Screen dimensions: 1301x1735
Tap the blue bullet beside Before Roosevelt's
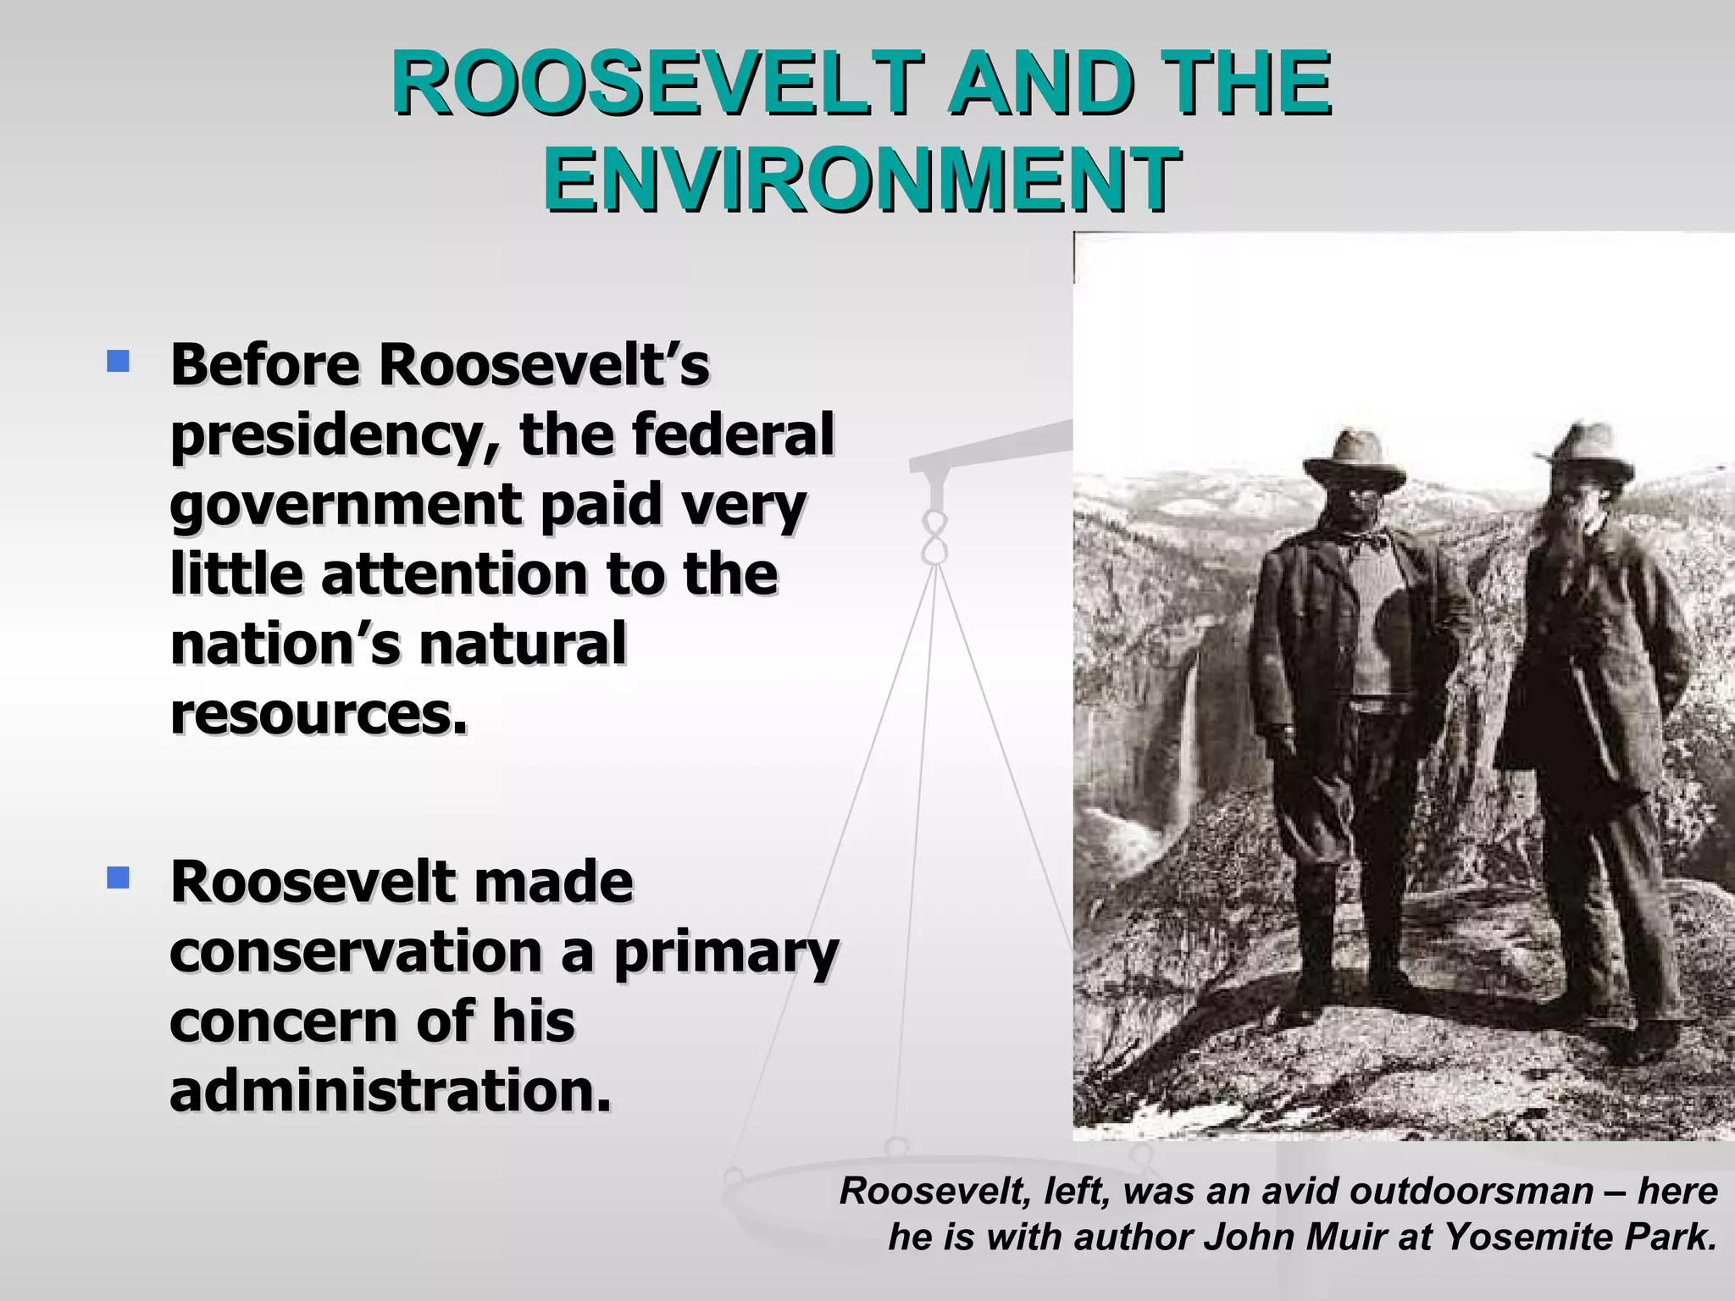coord(119,363)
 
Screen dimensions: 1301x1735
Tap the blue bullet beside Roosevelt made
coord(119,877)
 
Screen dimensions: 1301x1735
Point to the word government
coord(346,506)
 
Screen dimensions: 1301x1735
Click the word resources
coord(319,714)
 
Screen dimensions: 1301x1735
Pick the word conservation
coord(356,952)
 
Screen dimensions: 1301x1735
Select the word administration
coord(390,1091)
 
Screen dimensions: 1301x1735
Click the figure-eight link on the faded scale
coord(934,537)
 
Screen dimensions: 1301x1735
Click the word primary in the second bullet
coord(726,952)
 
